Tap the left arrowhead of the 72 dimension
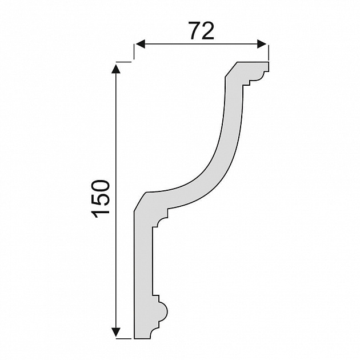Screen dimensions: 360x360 pyautogui.click(x=139, y=44)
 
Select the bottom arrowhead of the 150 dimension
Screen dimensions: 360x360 pyautogui.click(x=117, y=332)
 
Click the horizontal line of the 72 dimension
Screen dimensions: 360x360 pyautogui.click(x=200, y=44)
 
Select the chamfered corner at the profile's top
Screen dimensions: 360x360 pyautogui.click(x=231, y=70)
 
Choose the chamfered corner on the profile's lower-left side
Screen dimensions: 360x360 pyautogui.click(x=140, y=201)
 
